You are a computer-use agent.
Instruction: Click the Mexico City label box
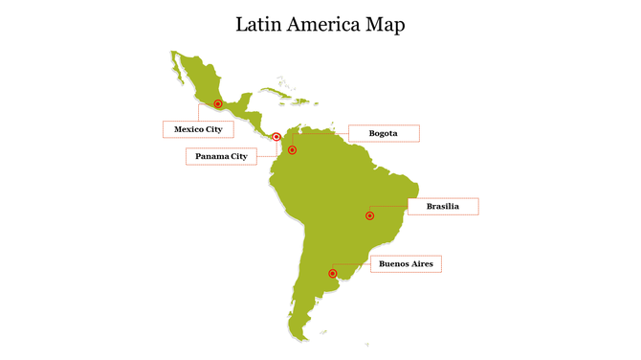pos(198,128)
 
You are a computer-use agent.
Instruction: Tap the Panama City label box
pos(221,156)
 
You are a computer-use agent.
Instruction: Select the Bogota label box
pos(383,133)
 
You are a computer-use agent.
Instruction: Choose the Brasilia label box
pos(442,206)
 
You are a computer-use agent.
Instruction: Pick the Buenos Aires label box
pos(406,263)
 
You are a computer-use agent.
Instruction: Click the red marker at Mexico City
pos(218,103)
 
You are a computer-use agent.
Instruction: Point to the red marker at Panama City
pos(276,137)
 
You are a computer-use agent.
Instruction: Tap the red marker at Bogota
pos(293,150)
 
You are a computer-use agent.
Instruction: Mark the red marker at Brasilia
pos(369,216)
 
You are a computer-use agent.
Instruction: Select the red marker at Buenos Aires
pos(332,274)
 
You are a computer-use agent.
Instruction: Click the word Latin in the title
pos(259,24)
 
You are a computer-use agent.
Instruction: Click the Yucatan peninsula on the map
pos(243,100)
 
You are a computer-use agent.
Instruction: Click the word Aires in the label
pos(423,263)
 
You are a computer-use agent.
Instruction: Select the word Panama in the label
pos(211,156)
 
